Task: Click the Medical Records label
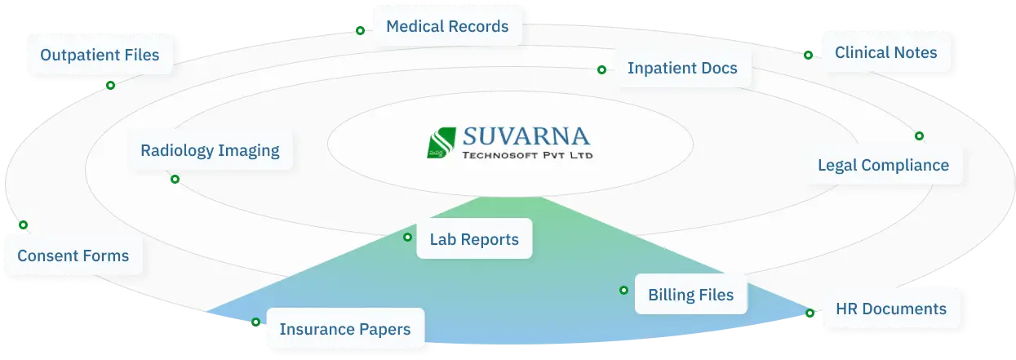447,26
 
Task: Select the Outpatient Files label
100,55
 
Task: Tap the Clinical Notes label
885,53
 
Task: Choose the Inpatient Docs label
682,68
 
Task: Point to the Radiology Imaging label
210,150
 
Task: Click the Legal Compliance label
883,165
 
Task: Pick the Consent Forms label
73,256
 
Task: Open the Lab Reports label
474,239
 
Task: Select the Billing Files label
690,295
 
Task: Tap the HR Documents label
891,309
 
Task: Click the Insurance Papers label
344,329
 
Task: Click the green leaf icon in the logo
441,143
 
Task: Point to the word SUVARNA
526,136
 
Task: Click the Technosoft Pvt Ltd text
527,155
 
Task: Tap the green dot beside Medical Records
360,30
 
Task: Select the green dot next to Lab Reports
408,237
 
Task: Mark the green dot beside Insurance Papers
255,322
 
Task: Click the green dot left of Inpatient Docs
602,70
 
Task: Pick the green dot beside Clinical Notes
808,55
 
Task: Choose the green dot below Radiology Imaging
175,180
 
